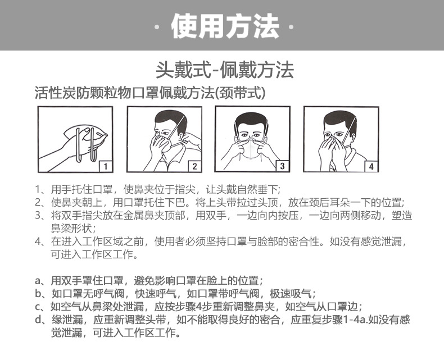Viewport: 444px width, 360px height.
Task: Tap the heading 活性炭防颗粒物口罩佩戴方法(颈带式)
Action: click(x=149, y=93)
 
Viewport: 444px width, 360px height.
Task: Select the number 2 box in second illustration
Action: click(x=193, y=166)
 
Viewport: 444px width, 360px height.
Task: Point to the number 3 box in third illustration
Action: click(x=282, y=166)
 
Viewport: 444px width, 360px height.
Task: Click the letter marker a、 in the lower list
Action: click(x=41, y=280)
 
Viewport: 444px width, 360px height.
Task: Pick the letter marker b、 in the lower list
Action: click(x=41, y=294)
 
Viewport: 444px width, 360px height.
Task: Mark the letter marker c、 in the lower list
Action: click(x=41, y=307)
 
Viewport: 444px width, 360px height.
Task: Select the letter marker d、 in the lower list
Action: click(x=41, y=320)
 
